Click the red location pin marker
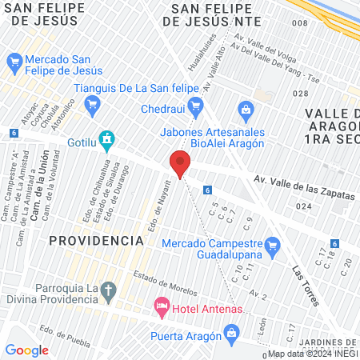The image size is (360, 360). pyautogui.click(x=180, y=163)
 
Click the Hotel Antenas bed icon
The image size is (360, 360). pyautogui.click(x=161, y=306)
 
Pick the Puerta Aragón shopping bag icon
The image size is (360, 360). pyautogui.click(x=231, y=331)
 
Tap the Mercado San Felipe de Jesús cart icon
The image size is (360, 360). pyautogui.click(x=13, y=61)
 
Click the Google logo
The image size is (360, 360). pyautogui.click(x=26, y=350)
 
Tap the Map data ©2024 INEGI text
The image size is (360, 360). pyautogui.click(x=312, y=354)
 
